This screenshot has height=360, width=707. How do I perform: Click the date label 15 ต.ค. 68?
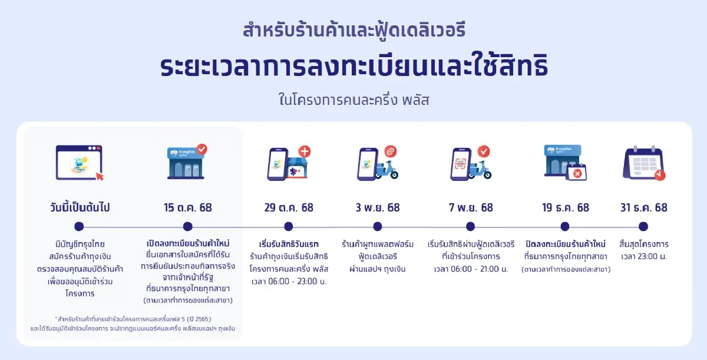[188, 207]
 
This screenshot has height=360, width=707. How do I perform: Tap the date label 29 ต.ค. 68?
[289, 207]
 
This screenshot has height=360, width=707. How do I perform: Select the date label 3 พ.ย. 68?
[378, 207]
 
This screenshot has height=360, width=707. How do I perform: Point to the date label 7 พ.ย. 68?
[470, 207]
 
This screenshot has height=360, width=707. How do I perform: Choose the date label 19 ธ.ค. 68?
[566, 207]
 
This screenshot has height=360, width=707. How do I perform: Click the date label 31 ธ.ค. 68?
[644, 207]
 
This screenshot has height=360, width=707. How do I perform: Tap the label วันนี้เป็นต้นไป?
[80, 207]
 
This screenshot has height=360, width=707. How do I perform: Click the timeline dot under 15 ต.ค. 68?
[188, 226]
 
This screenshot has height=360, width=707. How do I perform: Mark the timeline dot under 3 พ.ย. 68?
[378, 226]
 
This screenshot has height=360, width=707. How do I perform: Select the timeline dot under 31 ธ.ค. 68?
[643, 226]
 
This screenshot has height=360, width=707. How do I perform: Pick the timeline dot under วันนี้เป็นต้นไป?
[80, 226]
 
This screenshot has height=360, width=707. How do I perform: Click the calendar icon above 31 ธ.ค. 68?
[643, 163]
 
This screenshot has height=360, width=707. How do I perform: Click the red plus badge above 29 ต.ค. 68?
[304, 151]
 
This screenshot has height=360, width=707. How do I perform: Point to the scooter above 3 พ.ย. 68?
[386, 169]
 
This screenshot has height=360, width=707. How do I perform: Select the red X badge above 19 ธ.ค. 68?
[579, 173]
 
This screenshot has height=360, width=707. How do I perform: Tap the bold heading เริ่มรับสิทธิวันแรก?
[289, 244]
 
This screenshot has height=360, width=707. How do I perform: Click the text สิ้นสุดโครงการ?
[644, 244]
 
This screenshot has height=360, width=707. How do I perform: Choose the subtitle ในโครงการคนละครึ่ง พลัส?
[353, 100]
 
